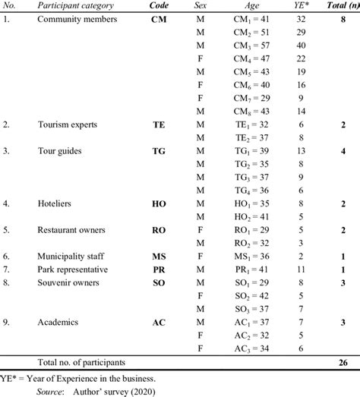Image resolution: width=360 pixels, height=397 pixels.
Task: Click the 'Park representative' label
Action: (x=77, y=269)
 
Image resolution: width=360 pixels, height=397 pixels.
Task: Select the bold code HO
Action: (x=159, y=203)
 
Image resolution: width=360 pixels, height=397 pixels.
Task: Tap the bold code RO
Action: (x=159, y=229)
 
